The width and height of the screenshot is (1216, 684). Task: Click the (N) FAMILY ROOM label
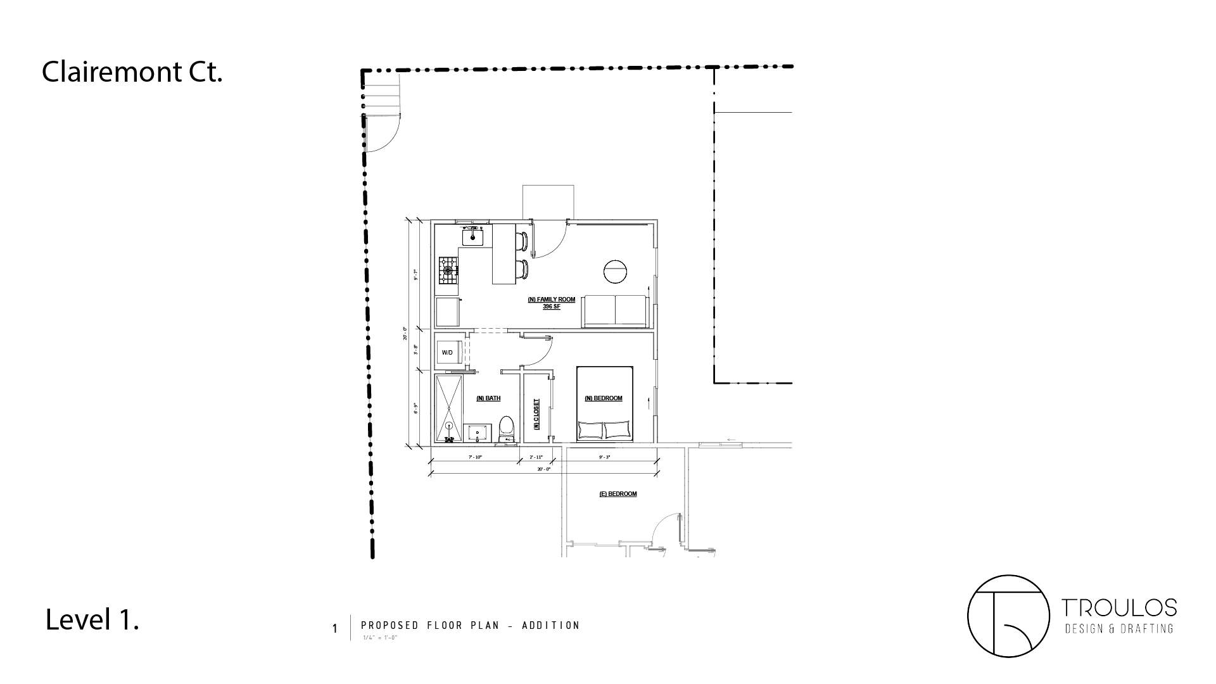[x=552, y=299]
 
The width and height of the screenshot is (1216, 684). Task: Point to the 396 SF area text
[x=552, y=307]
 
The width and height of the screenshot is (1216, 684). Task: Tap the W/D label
[x=447, y=353]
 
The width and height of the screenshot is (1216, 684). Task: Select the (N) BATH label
[x=488, y=398]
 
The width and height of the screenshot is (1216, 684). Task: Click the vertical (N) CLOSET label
[x=536, y=414]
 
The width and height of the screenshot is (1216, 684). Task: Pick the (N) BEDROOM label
[x=604, y=398]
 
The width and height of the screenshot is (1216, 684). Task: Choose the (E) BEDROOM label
[x=618, y=494]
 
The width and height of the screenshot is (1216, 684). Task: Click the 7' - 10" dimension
[x=475, y=457]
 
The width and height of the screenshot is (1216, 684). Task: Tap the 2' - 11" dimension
[x=536, y=457]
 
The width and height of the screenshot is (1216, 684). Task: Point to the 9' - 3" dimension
[x=605, y=457]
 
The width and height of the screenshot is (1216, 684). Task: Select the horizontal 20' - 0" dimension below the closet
[x=543, y=469]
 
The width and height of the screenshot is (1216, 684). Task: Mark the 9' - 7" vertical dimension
[x=415, y=275]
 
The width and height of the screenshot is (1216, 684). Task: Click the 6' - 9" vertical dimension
[x=415, y=408]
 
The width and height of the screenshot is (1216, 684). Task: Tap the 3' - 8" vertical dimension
[x=415, y=350]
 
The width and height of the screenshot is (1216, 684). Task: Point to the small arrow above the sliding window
[x=731, y=440]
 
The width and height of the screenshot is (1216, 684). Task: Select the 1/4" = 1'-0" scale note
[x=379, y=638]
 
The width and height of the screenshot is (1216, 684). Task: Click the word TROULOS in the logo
[x=1119, y=609]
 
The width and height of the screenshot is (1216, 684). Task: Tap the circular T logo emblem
[x=1008, y=616]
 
